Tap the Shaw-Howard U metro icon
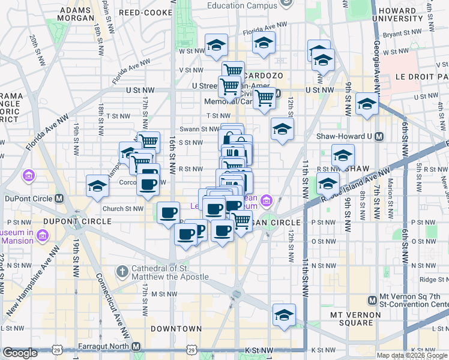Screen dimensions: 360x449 (379, 136)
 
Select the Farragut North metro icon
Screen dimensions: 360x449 (136, 347)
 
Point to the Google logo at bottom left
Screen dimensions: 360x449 (20, 353)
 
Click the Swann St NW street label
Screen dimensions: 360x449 (200, 128)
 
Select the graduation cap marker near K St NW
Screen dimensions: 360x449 (285, 314)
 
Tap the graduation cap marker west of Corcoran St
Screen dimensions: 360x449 (97, 185)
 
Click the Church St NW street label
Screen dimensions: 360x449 (122, 209)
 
